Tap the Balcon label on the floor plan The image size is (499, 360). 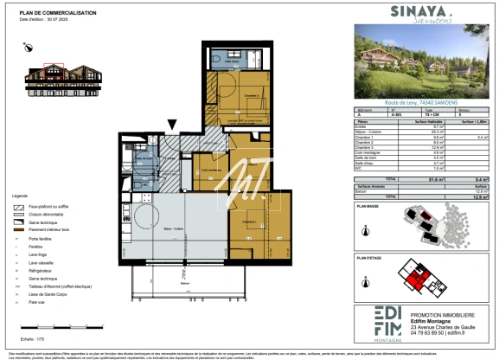point(183,283)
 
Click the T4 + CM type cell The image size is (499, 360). point(428,112)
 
